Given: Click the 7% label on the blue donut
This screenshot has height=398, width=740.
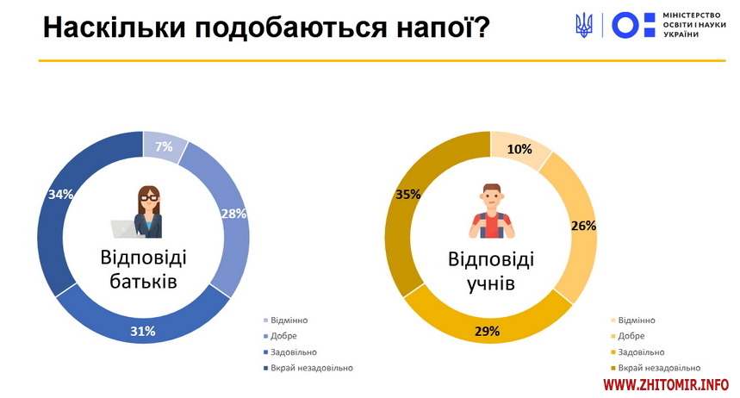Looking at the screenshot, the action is click(x=164, y=146).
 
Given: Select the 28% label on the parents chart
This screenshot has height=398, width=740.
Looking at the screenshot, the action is click(x=234, y=214).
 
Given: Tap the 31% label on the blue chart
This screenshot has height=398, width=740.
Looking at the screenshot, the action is click(x=143, y=332).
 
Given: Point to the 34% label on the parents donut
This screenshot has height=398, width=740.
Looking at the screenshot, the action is click(x=61, y=194).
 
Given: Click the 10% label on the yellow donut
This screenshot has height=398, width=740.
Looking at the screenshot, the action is click(x=519, y=149).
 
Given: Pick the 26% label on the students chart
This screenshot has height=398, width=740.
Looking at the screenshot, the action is click(x=584, y=227).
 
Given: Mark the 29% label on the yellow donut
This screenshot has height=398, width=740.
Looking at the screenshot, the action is click(x=487, y=332).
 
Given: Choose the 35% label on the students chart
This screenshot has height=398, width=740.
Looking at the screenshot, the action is click(x=408, y=194).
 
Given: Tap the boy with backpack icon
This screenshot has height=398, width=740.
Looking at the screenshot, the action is click(x=492, y=210).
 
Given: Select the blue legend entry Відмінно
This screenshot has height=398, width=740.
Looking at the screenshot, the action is click(x=285, y=320).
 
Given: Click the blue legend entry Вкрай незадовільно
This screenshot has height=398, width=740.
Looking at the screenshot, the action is click(x=308, y=368).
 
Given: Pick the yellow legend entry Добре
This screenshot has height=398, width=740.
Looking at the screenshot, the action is click(x=628, y=336).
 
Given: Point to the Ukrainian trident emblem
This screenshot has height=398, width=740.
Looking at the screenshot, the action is click(x=584, y=25).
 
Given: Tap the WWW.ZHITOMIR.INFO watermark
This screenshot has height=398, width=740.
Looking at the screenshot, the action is click(x=666, y=385).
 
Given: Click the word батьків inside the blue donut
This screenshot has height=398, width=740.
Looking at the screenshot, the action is click(x=144, y=282).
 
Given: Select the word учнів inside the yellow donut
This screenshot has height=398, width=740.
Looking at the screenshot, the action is click(x=491, y=283).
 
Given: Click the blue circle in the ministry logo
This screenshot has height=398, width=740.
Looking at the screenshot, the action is click(x=625, y=25).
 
